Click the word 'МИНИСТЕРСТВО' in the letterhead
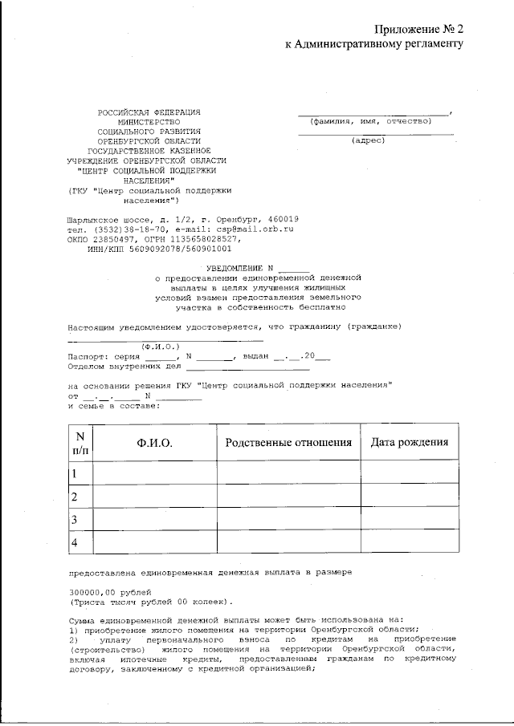[148, 121]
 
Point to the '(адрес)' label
[370, 141]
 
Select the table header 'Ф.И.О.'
[155, 444]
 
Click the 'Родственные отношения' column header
[289, 444]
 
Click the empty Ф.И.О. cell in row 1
[155, 474]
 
